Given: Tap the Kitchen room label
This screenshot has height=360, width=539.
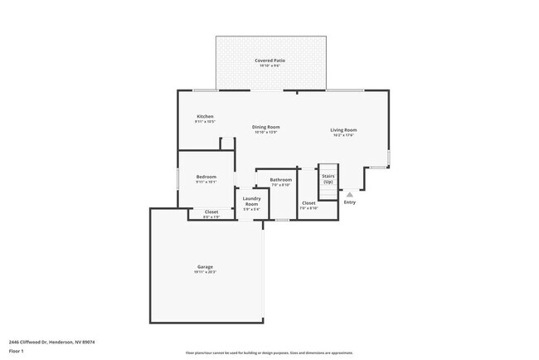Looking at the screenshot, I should (205, 116).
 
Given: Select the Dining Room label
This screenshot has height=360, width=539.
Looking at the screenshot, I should (266, 127).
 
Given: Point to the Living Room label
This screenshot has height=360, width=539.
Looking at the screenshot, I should (343, 130).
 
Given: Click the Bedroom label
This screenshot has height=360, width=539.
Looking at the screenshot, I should (206, 177).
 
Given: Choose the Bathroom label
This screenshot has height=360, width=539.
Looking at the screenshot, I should (280, 180).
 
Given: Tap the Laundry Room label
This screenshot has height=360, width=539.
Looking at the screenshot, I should (251, 201).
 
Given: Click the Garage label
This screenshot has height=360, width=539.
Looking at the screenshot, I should (205, 266).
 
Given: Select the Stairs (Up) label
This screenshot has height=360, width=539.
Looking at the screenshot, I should (328, 178).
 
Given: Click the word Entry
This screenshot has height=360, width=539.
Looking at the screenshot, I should (350, 202).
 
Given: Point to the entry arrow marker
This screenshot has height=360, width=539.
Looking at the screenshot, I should (350, 194).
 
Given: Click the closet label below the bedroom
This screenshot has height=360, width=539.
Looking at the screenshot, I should (211, 212).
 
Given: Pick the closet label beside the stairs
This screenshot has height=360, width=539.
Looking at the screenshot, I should (308, 203).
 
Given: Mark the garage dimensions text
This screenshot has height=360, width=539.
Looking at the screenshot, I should (205, 272).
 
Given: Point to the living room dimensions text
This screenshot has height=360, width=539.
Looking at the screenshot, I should (343, 135).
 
